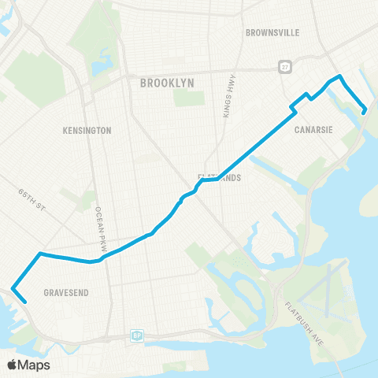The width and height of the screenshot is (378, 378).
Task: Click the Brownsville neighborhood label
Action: coord(273,33)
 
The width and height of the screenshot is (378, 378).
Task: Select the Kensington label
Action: coord(87,130)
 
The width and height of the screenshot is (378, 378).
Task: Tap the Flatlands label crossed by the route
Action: coord(219,178)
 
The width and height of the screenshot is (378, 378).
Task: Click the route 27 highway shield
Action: coord(282,67)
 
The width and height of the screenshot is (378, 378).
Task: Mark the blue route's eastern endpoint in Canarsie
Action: coord(364,113)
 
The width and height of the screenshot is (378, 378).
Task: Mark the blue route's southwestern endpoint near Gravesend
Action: coord(25,300)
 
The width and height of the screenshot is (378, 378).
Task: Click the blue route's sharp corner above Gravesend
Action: coord(39,254)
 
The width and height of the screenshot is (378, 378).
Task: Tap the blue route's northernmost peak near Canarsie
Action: coord(340,76)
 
